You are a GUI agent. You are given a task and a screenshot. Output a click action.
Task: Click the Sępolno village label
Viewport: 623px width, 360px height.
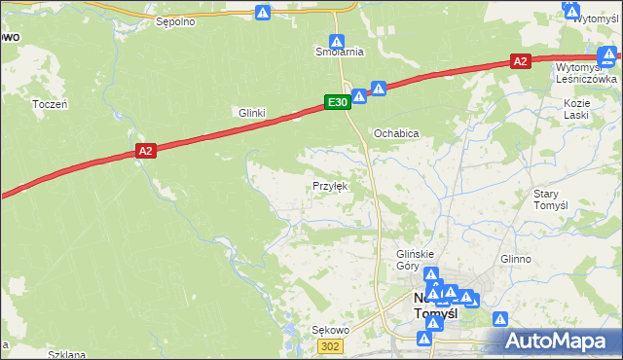pyautogui.click(x=175, y=20)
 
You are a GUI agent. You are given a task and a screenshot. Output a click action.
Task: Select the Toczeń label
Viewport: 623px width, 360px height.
pyautogui.click(x=49, y=103)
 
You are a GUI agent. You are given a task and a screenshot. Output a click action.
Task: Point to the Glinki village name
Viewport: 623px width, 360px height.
pyautogui.click(x=252, y=113)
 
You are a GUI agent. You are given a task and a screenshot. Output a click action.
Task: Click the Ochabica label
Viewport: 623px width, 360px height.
pyautogui.click(x=397, y=132)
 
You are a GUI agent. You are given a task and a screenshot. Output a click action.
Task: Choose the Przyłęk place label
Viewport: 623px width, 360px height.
pyautogui.click(x=329, y=185)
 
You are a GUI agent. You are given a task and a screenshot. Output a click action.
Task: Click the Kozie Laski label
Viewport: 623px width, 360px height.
pyautogui.click(x=577, y=108)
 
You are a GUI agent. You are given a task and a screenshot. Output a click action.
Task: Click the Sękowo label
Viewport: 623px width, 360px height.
pyautogui.click(x=329, y=330)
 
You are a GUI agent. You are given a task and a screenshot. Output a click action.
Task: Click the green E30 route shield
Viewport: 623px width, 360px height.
pyautogui.click(x=337, y=101)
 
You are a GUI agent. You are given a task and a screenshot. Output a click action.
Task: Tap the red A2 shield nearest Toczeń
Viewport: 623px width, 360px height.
pyautogui.click(x=145, y=151)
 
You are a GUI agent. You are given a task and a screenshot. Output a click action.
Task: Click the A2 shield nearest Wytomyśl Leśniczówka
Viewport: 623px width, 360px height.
pyautogui.click(x=520, y=61)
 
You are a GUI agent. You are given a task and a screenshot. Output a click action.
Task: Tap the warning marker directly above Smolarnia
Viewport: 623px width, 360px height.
pyautogui.click(x=336, y=41)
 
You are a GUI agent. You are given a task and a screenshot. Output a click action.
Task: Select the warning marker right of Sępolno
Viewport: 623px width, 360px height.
pyautogui.click(x=263, y=13)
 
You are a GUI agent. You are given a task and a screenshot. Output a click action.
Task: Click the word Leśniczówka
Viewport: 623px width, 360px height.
pyautogui.click(x=586, y=80)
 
